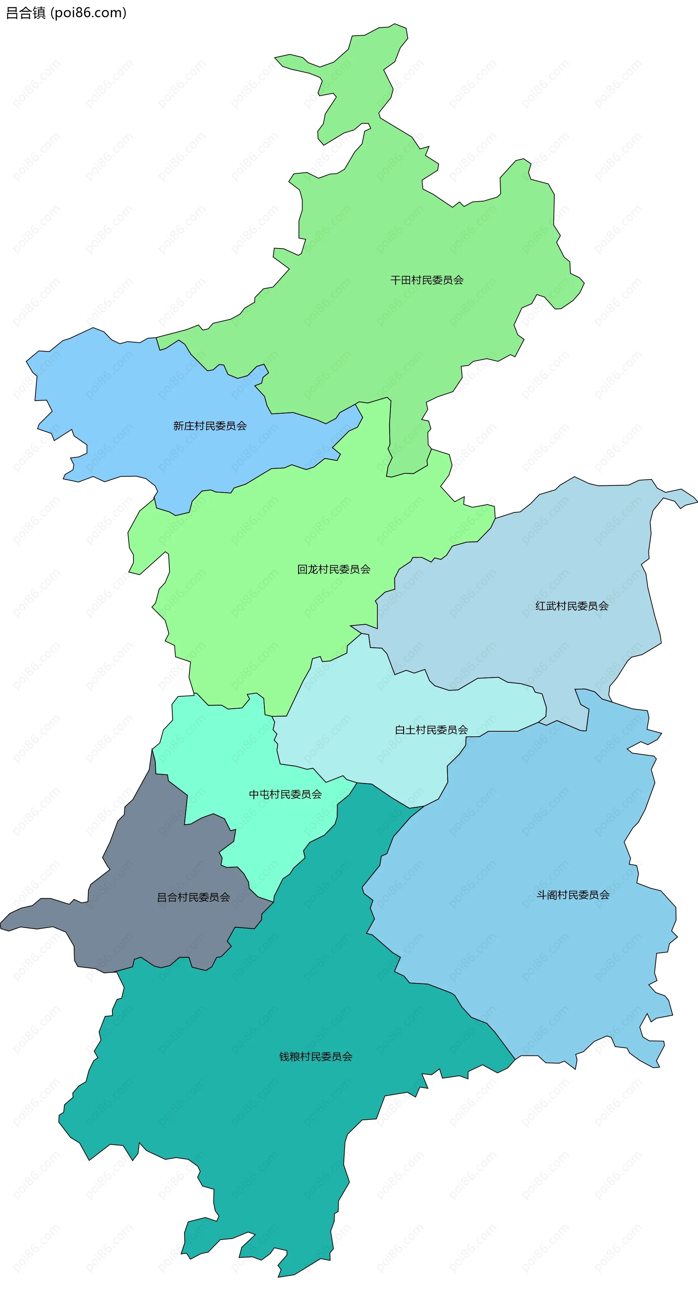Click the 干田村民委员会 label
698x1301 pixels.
[x=426, y=280]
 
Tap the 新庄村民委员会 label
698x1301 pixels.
[x=210, y=426]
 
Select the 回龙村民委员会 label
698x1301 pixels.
[x=334, y=569]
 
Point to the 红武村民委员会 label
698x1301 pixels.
[x=572, y=605]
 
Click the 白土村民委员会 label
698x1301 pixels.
[x=431, y=729]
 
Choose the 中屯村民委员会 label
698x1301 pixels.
[x=285, y=794]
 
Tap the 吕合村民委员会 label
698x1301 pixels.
[x=193, y=897]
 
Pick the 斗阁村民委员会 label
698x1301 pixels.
[x=573, y=894]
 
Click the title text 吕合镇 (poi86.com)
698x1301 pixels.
[x=65, y=13]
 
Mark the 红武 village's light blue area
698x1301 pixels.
[x=555, y=556]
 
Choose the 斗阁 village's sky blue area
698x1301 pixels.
[x=530, y=960]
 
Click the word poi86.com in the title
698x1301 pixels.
[x=89, y=13]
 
